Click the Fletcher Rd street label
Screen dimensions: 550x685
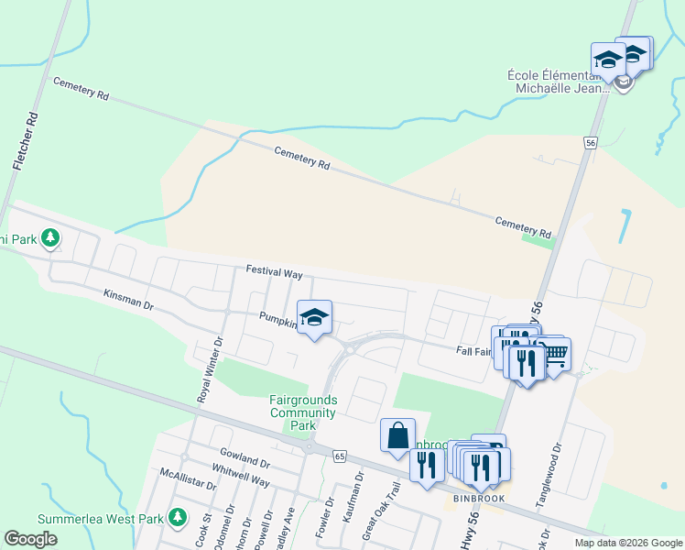pos(25,140)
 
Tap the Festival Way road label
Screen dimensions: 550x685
pos(274,271)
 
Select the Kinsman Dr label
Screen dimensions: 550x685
pos(128,298)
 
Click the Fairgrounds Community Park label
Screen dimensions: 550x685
pos(303,412)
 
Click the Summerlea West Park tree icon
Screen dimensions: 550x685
pos(177,519)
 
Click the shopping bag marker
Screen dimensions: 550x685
pos(398,436)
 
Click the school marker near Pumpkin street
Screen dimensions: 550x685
pos(314,318)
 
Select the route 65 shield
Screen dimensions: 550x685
pos(340,456)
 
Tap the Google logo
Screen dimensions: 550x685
pos(30,539)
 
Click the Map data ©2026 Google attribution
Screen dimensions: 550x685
pos(627,543)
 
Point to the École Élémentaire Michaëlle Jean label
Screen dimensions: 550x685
pos(559,82)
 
